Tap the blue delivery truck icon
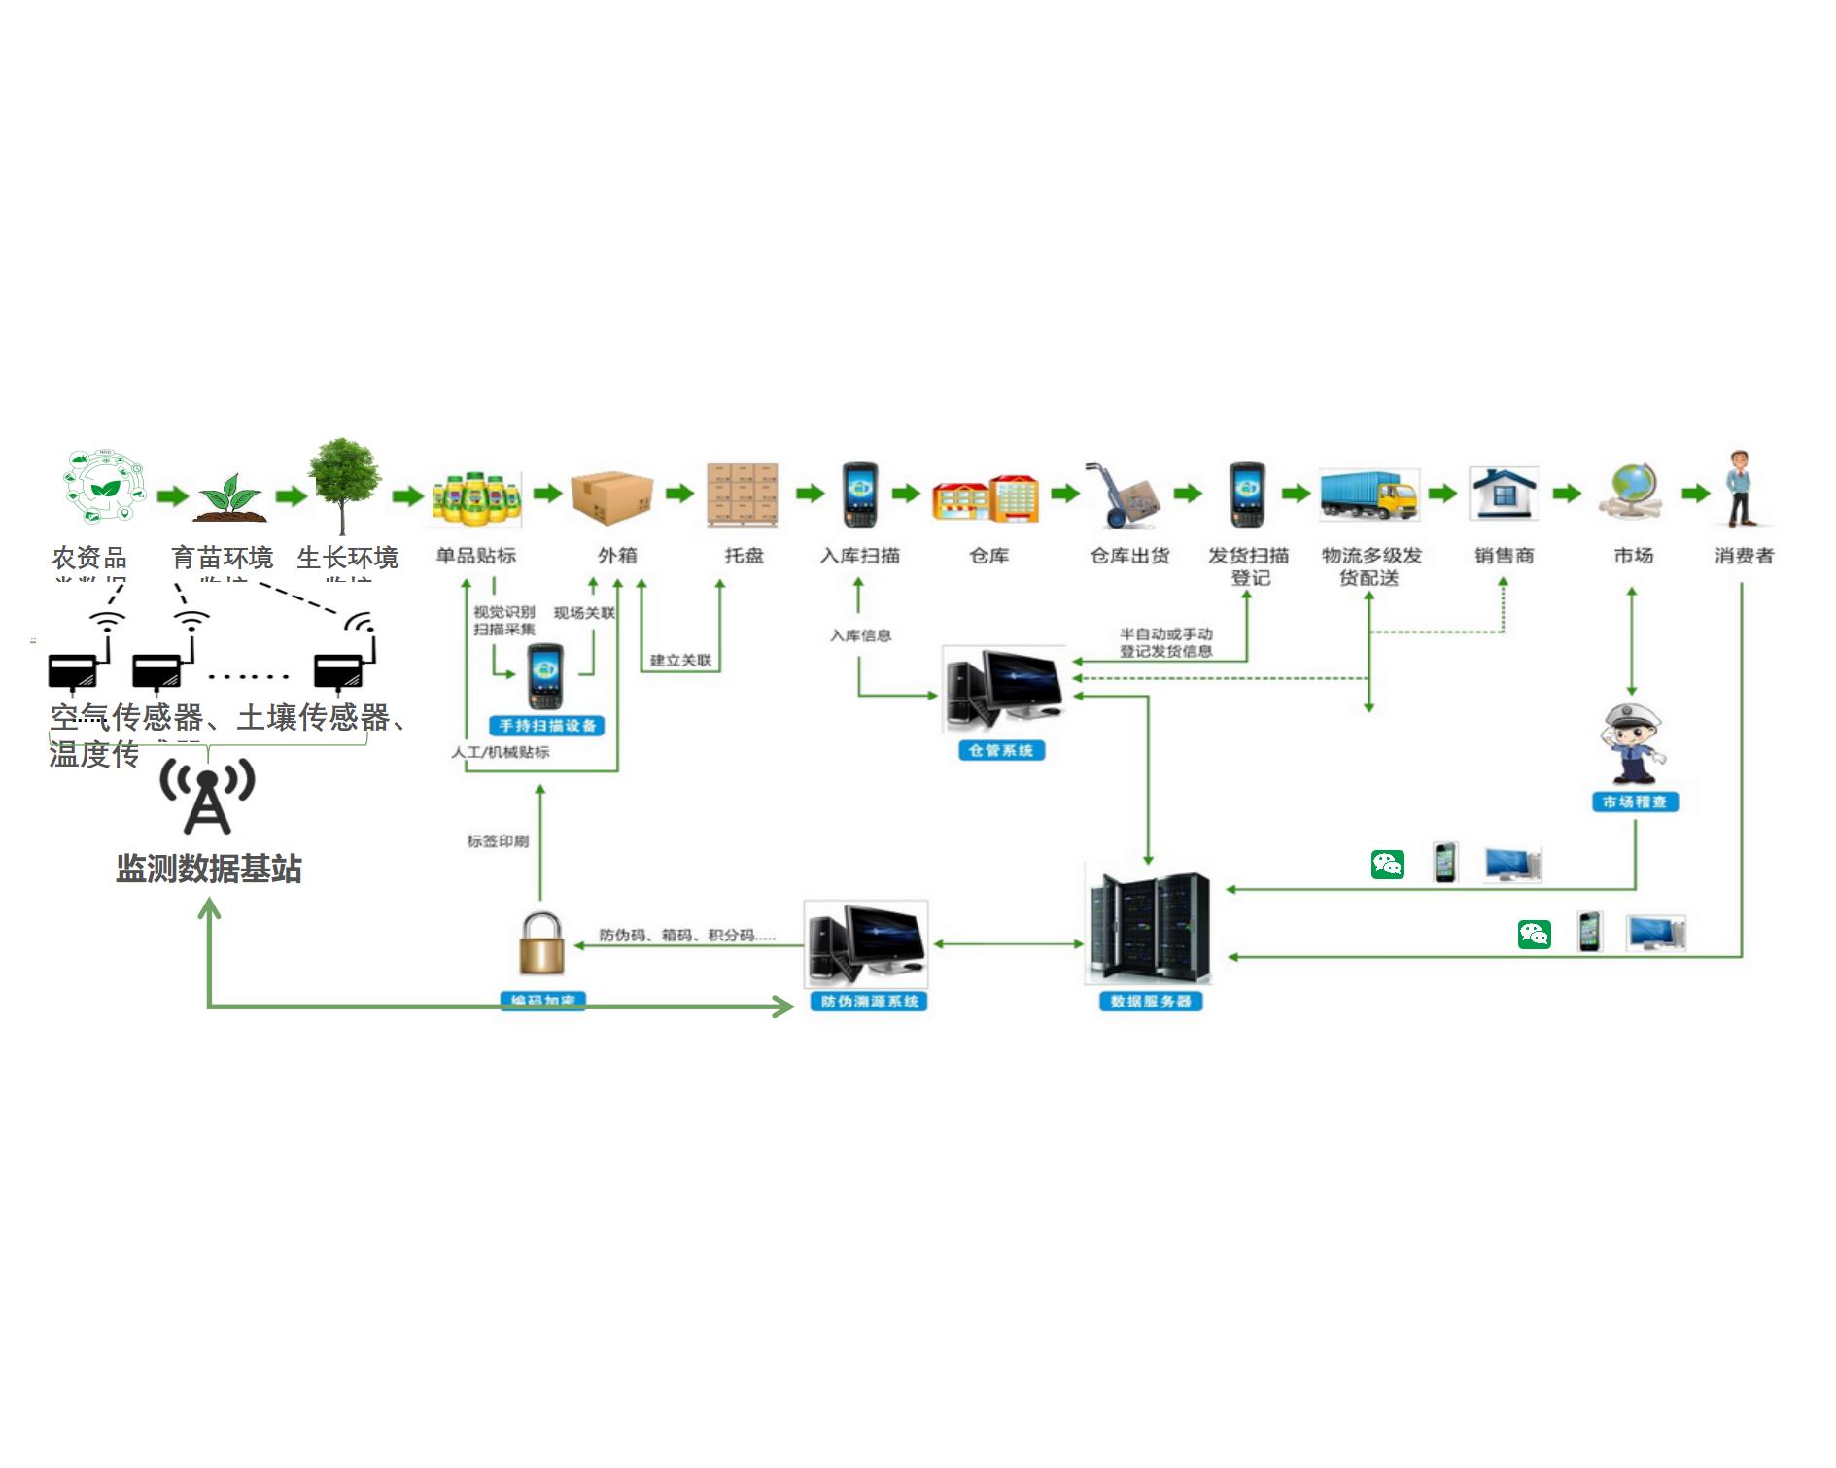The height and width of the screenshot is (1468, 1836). tap(1369, 495)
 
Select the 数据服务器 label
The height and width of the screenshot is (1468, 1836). tap(1151, 1002)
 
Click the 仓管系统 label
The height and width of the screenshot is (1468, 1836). tap(1001, 750)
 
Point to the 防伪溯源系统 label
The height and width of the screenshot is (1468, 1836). tap(869, 1002)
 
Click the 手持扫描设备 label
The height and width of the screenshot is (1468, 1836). tap(546, 726)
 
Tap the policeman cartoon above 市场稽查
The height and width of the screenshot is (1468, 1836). tap(1634, 744)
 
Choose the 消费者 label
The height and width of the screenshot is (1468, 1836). tap(1744, 556)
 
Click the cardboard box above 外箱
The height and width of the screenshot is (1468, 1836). tap(611, 496)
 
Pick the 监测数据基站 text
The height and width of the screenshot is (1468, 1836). tap(209, 869)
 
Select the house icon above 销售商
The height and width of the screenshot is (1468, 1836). tap(1504, 493)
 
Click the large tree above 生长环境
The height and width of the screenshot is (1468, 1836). tap(343, 483)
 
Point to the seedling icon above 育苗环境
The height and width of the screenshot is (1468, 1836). tap(231, 497)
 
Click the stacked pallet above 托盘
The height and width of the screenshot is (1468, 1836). tap(743, 495)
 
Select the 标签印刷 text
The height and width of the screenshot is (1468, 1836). tap(498, 841)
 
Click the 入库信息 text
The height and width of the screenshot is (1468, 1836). tap(860, 635)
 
